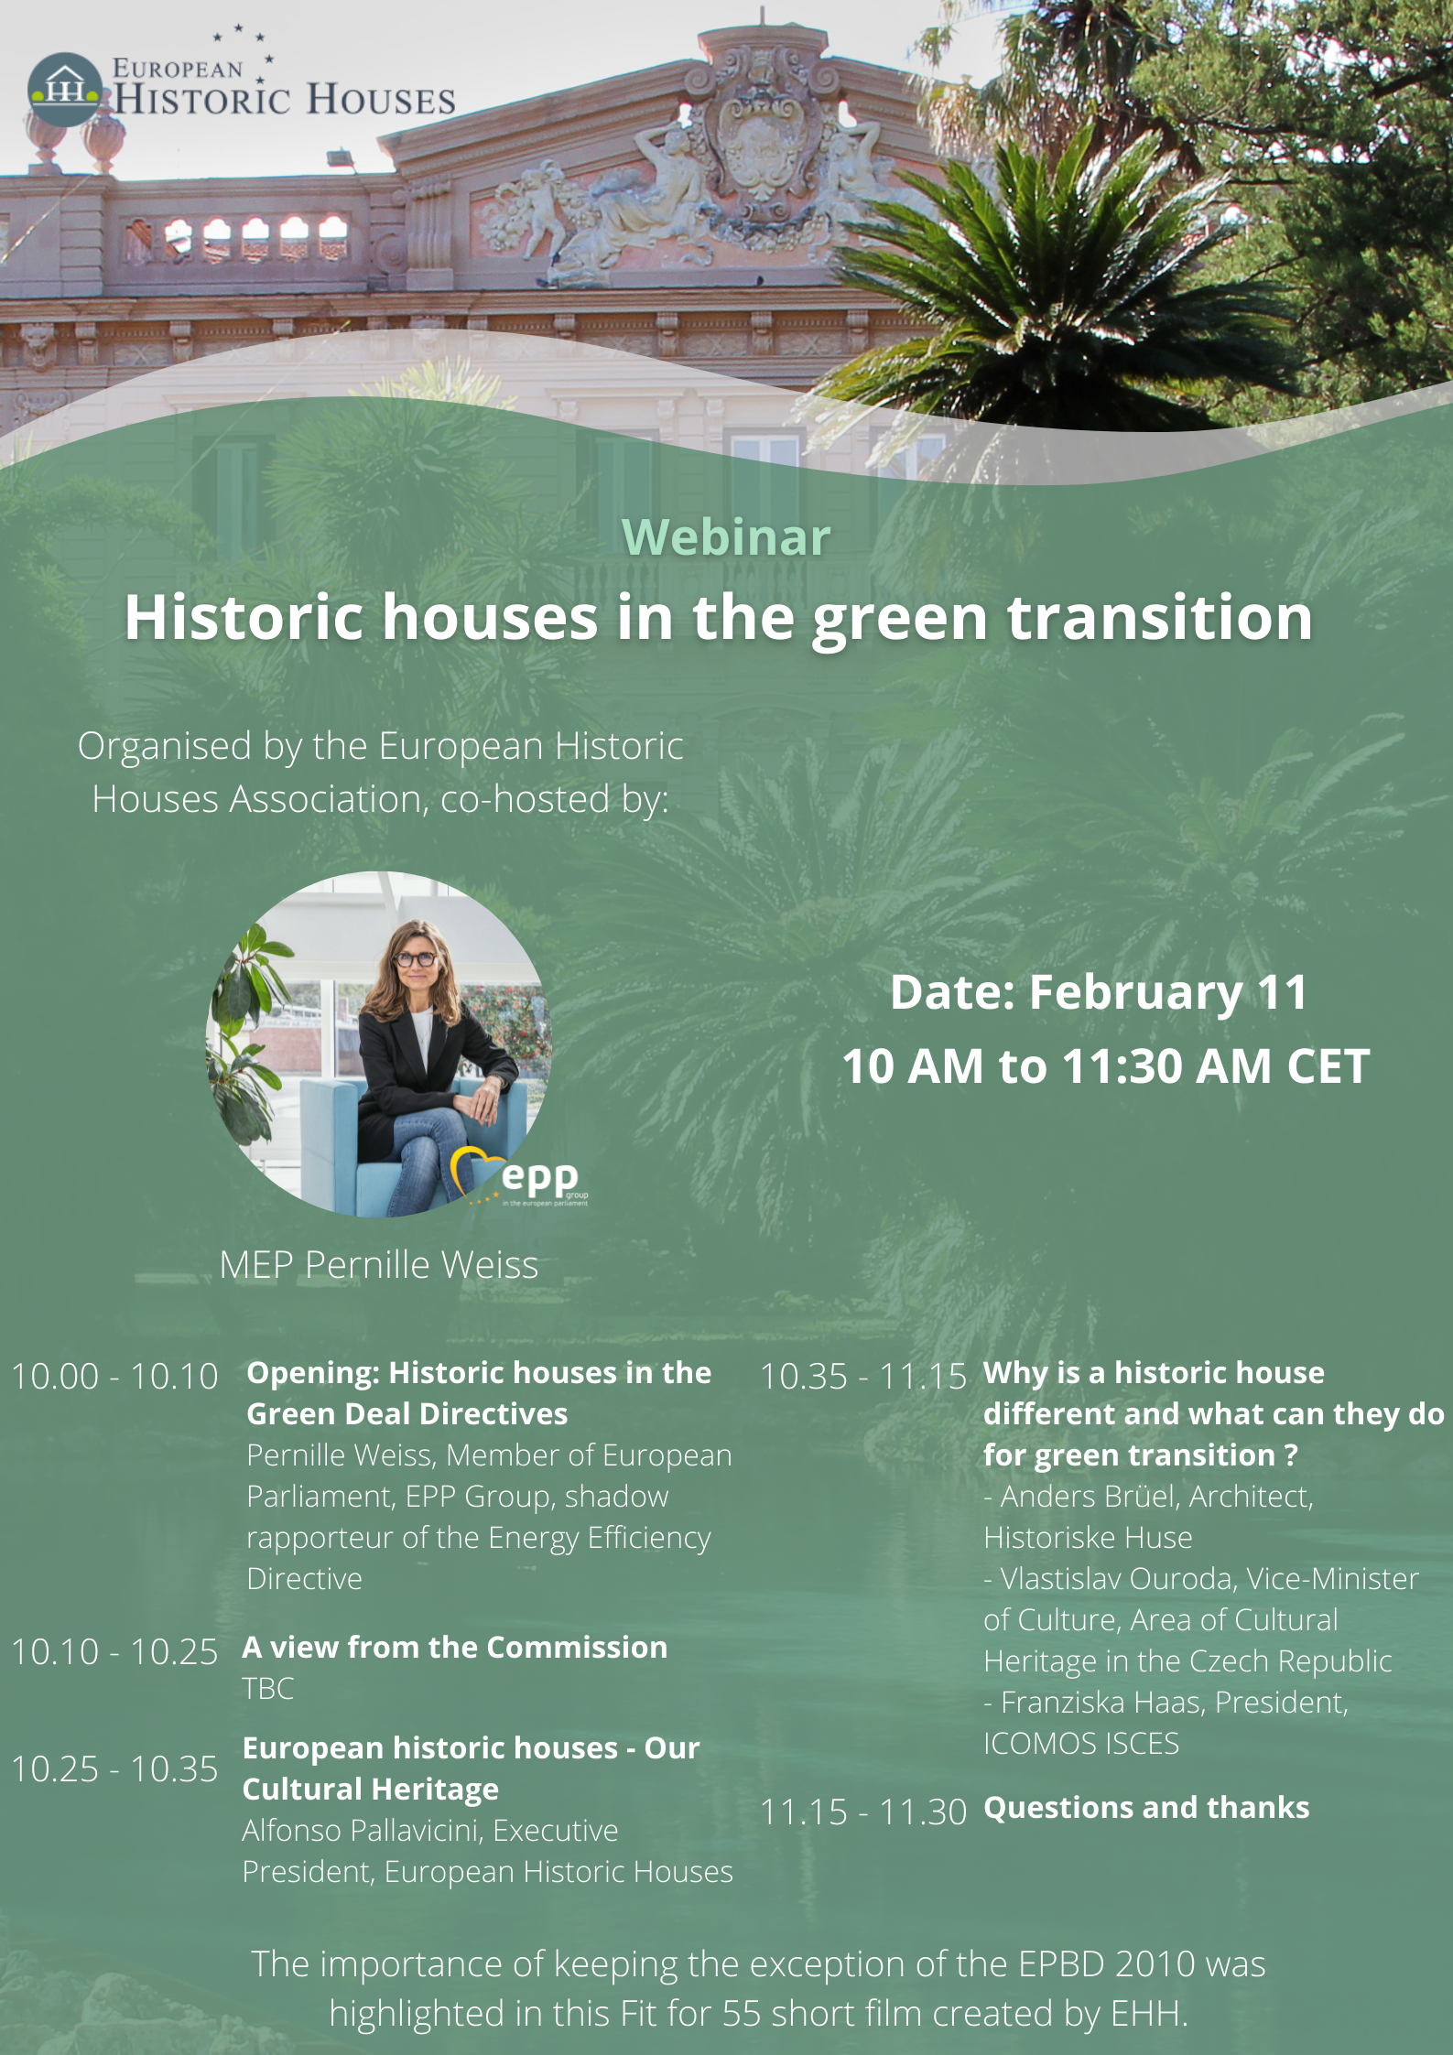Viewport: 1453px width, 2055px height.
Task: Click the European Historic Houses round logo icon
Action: (x=64, y=90)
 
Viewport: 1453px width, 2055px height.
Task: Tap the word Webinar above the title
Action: (x=726, y=536)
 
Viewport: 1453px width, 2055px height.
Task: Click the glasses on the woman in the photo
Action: (x=415, y=959)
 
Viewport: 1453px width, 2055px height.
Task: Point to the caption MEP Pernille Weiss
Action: (x=379, y=1264)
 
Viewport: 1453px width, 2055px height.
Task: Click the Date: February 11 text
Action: (x=1099, y=992)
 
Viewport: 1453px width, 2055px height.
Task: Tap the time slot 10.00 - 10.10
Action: (x=114, y=1376)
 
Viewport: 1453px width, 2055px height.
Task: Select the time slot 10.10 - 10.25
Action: (x=114, y=1651)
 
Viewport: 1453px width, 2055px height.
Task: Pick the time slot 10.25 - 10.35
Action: (x=114, y=1768)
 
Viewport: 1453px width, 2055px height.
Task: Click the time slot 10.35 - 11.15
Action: (x=863, y=1376)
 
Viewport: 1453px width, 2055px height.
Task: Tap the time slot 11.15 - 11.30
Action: (x=863, y=1812)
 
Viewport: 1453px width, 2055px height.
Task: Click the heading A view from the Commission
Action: (x=455, y=1647)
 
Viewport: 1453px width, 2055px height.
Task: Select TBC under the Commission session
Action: (x=268, y=1688)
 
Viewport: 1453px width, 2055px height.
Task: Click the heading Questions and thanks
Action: (x=1146, y=1807)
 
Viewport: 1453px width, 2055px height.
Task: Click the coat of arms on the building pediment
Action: (x=759, y=137)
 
